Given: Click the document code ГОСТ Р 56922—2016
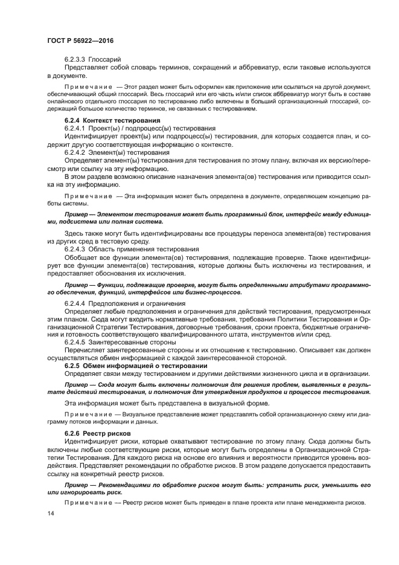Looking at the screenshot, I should coord(80,40).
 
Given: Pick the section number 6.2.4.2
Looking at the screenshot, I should coord(75,153).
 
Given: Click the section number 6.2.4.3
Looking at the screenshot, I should coord(75,249).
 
